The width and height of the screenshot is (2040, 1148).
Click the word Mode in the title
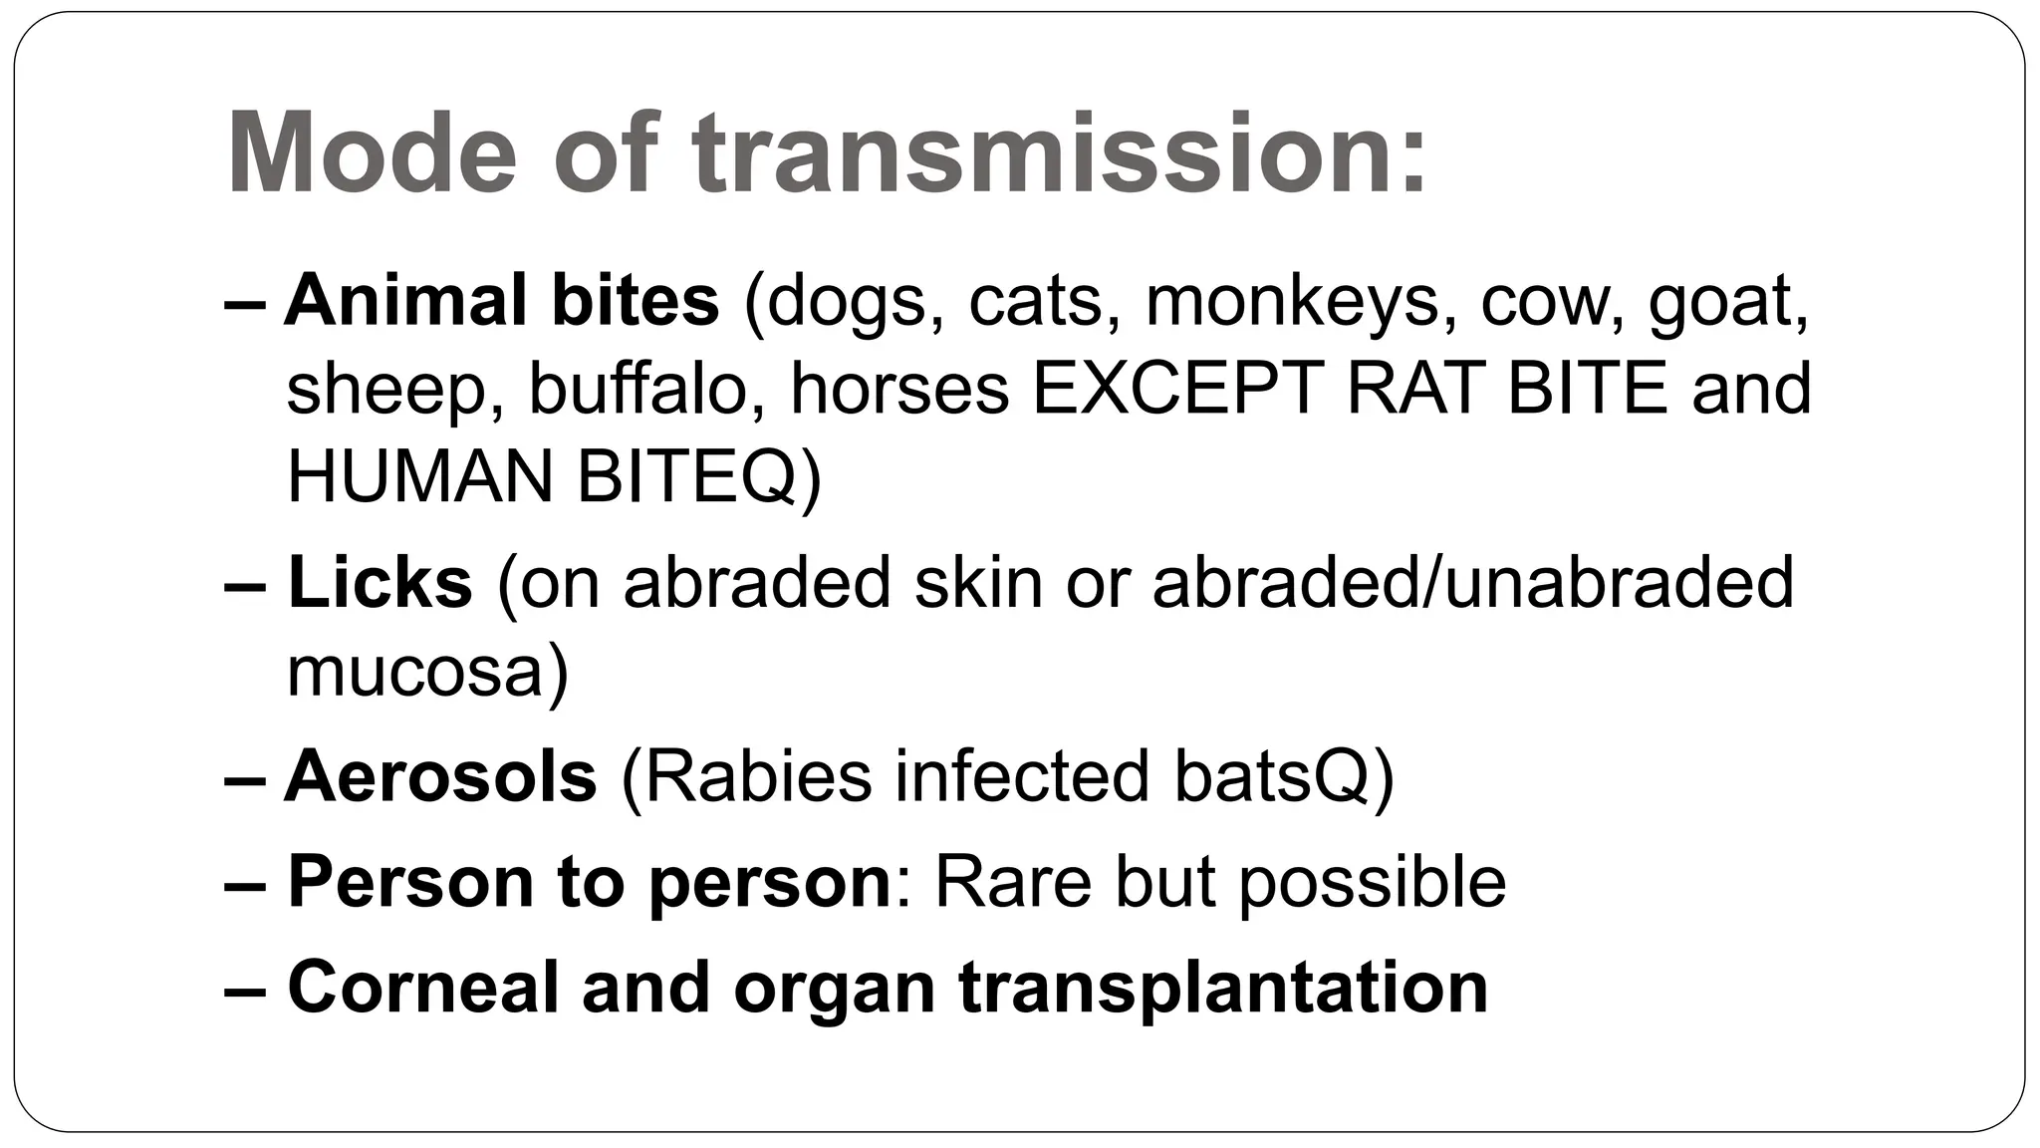[x=372, y=154]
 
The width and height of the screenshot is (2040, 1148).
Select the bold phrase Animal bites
[x=501, y=300]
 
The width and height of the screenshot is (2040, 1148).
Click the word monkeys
[x=1292, y=300]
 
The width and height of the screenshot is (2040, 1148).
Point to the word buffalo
[x=637, y=388]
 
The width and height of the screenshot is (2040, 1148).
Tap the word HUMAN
[x=419, y=475]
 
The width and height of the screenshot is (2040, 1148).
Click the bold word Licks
[x=380, y=583]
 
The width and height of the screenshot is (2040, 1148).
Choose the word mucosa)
[x=427, y=671]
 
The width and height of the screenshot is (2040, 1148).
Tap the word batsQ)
[x=1284, y=776]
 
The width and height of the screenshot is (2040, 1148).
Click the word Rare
[x=1012, y=882]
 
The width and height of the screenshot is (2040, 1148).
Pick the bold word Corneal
[x=422, y=987]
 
